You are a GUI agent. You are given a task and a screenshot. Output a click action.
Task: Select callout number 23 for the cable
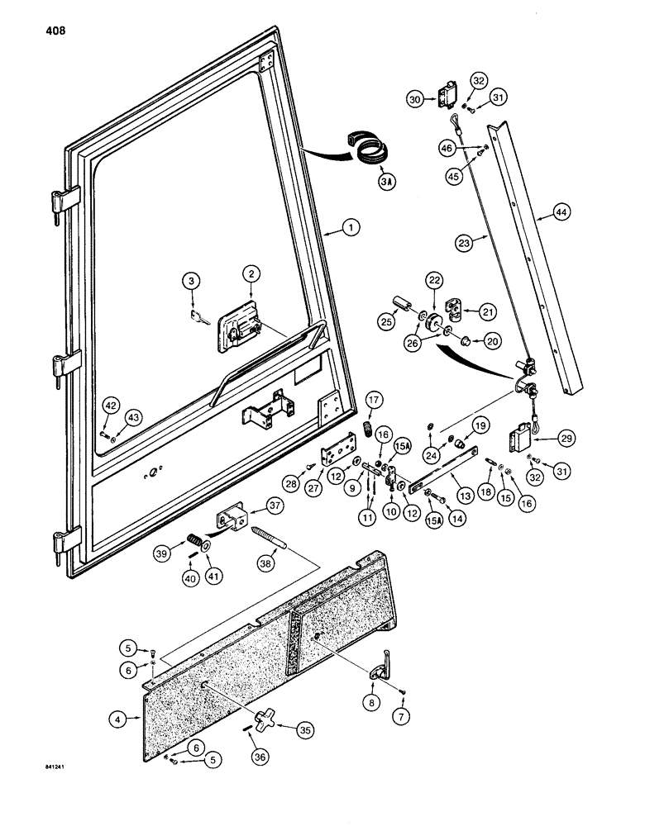click(x=464, y=242)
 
